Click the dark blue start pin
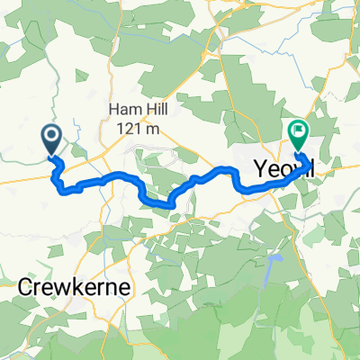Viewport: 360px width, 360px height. coord(51,139)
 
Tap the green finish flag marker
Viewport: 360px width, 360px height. coord(297,133)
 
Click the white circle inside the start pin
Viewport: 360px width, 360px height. coord(51,136)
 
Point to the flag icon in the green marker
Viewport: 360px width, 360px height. coord(297,130)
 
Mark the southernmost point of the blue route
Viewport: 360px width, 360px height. coord(168,206)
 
